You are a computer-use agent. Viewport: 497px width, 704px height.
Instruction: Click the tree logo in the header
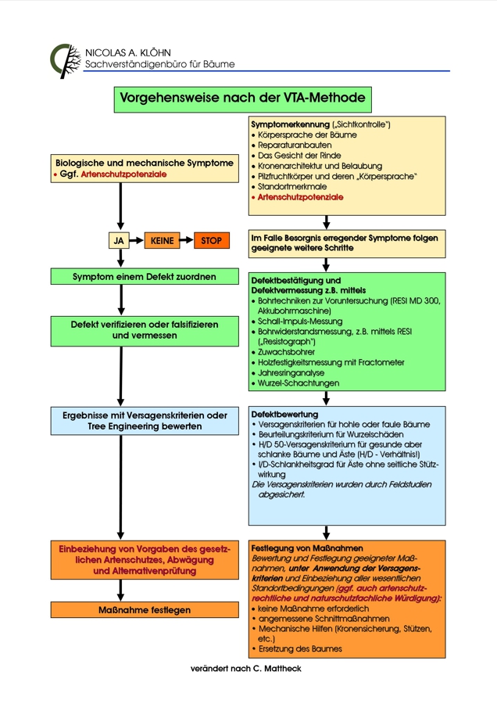[65, 60]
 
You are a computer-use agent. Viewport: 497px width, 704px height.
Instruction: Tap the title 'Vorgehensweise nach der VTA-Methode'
[241, 99]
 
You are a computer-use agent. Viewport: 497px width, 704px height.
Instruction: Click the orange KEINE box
[163, 241]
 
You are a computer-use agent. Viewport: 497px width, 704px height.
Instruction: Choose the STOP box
[211, 241]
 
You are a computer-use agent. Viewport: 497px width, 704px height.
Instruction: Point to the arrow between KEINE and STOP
[187, 241]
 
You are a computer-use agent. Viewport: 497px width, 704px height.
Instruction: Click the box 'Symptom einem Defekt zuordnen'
[145, 276]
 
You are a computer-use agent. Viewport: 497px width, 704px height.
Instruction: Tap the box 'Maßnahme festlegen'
[145, 609]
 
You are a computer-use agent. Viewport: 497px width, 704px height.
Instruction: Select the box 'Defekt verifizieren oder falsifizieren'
[145, 329]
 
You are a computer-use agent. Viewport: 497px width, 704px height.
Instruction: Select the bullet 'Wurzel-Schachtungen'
[298, 383]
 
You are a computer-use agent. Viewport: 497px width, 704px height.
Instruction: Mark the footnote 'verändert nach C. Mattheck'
[245, 669]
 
